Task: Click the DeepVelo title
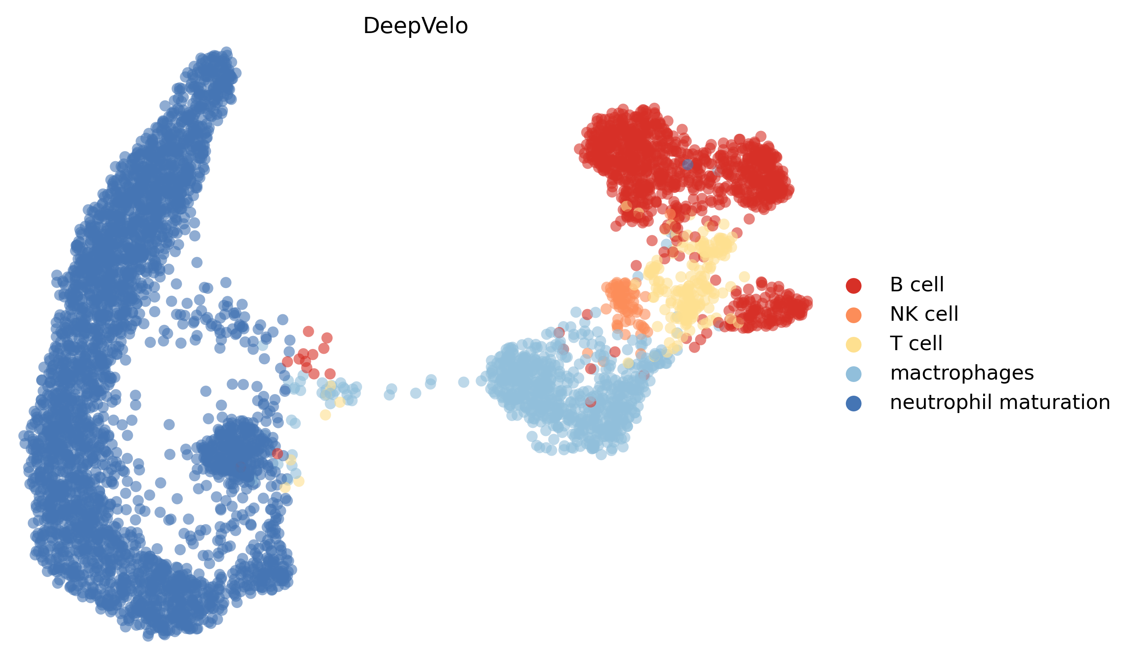[x=415, y=26]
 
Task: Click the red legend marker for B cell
[x=853, y=285]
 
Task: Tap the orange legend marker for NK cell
[x=853, y=315]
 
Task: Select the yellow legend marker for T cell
[x=853, y=345]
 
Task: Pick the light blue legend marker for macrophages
[x=853, y=374]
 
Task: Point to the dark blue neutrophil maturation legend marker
[x=853, y=403]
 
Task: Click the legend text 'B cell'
[x=917, y=285]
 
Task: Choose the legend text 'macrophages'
[x=961, y=373]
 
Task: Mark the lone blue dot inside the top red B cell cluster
[x=687, y=164]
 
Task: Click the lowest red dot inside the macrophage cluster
[x=590, y=402]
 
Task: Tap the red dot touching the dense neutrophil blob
[x=277, y=453]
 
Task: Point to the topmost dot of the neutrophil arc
[x=226, y=52]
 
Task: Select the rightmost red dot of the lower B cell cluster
[x=807, y=303]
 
